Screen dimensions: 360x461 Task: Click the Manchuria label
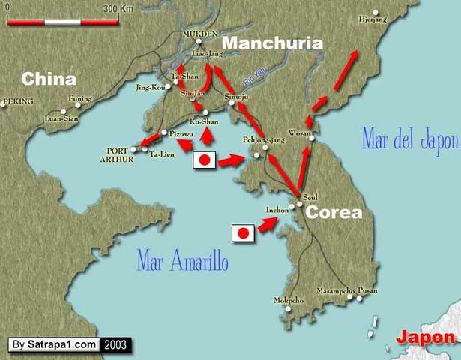click(x=273, y=43)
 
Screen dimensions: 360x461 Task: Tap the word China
click(x=49, y=79)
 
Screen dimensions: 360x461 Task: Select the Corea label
click(x=334, y=212)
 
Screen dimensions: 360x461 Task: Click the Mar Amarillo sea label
click(x=182, y=260)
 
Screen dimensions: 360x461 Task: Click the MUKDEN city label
click(x=200, y=34)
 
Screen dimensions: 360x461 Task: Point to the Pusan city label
click(x=367, y=289)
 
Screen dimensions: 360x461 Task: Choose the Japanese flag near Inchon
click(x=242, y=233)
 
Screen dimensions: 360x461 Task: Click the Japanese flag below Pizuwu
click(x=205, y=160)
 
